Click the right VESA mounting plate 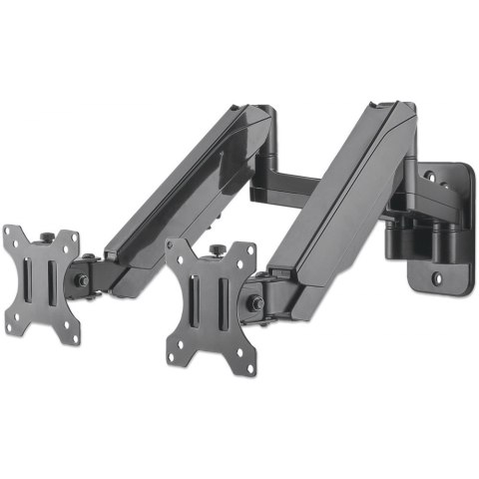coord(212,304)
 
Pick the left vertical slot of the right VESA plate coord(200,304)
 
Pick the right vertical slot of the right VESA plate coord(224,303)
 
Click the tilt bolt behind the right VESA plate coord(257,302)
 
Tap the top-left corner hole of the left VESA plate coord(11,238)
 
